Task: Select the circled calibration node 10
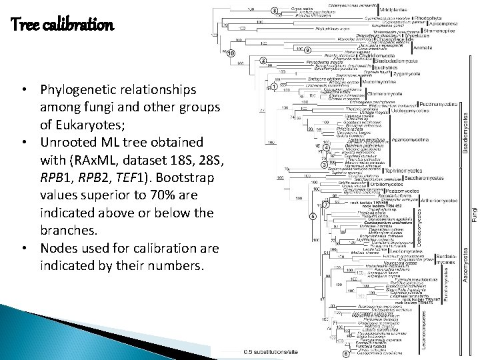tap(231, 53)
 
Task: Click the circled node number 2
tap(263, 61)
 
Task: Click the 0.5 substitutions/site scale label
tap(271, 352)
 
